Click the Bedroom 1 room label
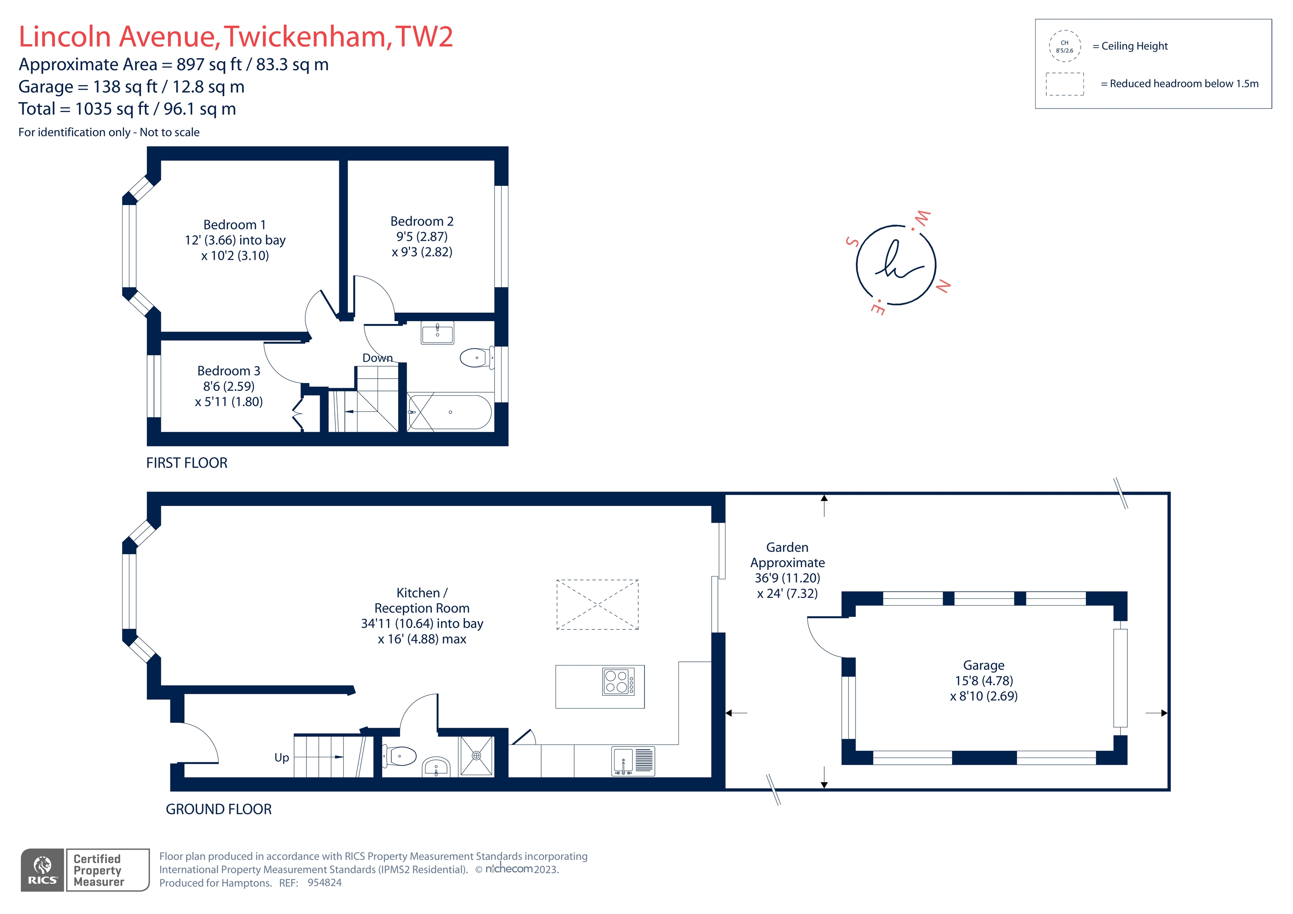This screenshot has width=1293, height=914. (234, 225)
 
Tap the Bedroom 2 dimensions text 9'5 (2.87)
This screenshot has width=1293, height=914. (422, 237)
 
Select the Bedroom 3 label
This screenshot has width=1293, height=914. (229, 371)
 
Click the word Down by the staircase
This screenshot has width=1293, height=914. (377, 358)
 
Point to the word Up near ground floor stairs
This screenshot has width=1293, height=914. (282, 758)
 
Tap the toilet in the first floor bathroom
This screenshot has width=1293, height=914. (475, 357)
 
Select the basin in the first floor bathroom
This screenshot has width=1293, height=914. (437, 332)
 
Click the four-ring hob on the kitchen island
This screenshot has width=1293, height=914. (618, 681)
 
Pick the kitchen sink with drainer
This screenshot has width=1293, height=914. (633, 761)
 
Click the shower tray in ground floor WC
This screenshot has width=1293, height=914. (476, 756)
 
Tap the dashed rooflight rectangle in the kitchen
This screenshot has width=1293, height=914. (597, 604)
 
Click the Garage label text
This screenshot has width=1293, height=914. (983, 665)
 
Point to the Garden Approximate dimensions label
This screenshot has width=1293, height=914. (787, 570)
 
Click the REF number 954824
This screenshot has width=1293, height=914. (324, 882)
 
